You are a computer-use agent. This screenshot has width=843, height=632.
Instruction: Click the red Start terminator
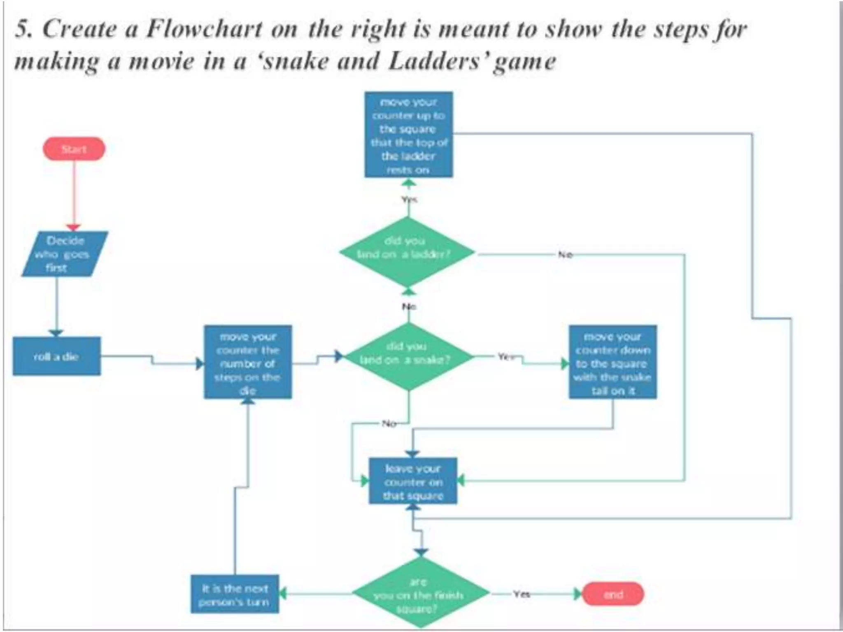click(74, 149)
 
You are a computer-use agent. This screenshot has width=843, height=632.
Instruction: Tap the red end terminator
click(613, 594)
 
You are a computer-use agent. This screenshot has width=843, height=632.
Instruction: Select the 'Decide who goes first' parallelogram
click(65, 254)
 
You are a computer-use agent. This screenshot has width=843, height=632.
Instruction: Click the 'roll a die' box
click(56, 356)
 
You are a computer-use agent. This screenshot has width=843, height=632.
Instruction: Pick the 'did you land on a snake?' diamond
click(408, 356)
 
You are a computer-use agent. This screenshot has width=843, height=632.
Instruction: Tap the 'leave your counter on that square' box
click(413, 481)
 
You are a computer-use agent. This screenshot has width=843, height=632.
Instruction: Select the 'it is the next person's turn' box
click(235, 594)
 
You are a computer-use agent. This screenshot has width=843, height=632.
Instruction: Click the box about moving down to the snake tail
click(612, 362)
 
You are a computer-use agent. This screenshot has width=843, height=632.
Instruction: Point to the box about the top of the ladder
click(408, 135)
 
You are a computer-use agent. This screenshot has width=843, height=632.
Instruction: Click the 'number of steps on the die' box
click(248, 362)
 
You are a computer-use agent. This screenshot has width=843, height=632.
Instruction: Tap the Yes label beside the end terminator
click(521, 594)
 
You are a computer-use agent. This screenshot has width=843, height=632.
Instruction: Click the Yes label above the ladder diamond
click(409, 200)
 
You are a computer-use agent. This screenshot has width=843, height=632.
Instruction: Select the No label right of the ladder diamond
click(565, 255)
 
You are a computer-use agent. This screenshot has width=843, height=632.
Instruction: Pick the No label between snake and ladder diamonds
click(409, 307)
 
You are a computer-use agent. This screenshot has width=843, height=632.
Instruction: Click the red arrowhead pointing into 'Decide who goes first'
click(74, 228)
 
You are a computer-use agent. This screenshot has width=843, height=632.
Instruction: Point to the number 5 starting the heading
click(23, 30)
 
